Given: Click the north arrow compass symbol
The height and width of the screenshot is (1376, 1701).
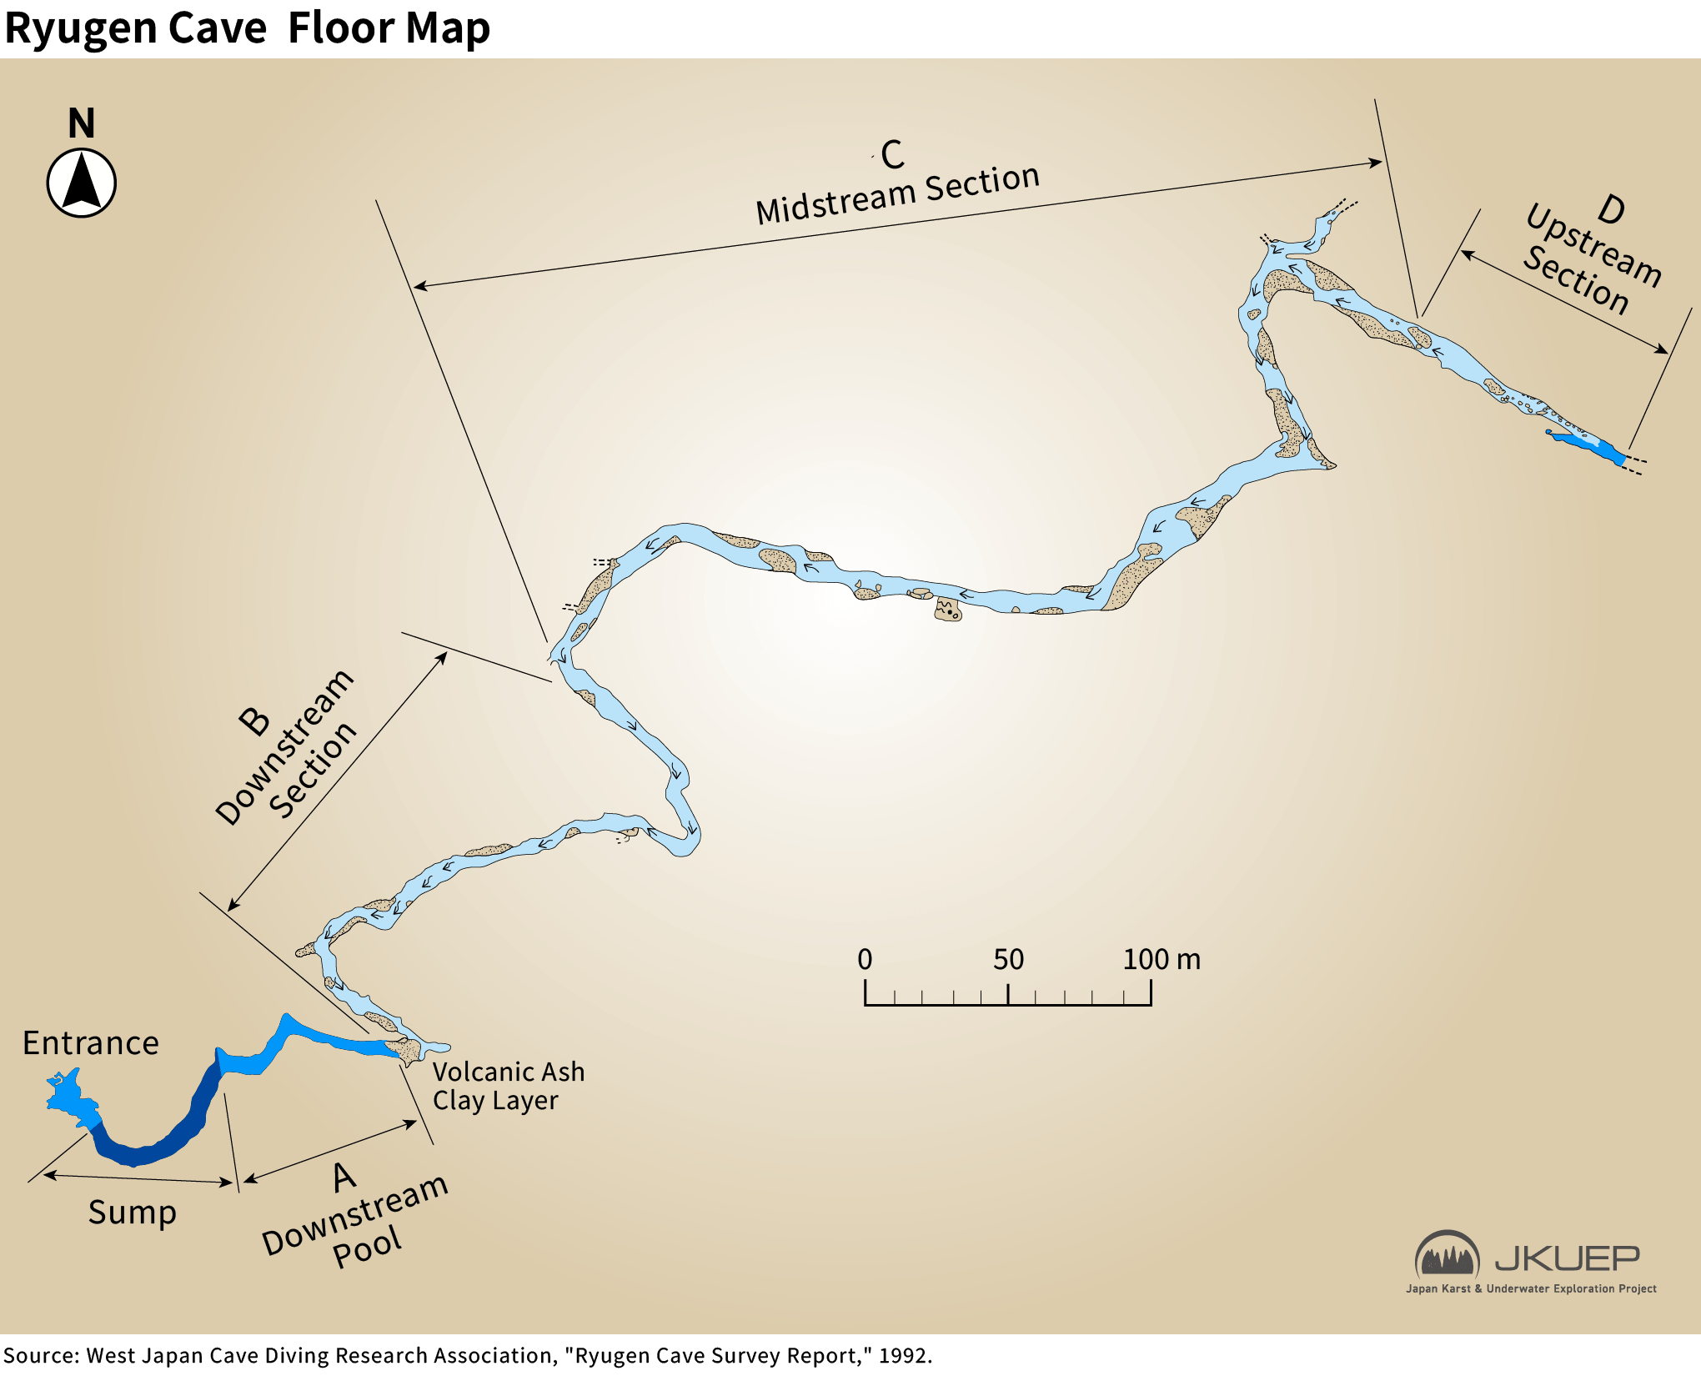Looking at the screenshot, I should pyautogui.click(x=81, y=183).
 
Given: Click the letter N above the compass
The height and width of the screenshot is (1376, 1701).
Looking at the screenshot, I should pyautogui.click(x=81, y=123).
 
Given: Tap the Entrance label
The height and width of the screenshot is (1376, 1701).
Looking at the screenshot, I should pyautogui.click(x=90, y=1043).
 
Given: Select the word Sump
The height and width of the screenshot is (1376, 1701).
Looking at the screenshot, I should pyautogui.click(x=133, y=1213).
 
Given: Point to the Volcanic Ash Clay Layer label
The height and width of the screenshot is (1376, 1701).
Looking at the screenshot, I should pyautogui.click(x=508, y=1086).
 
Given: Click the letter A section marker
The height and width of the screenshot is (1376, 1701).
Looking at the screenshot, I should pyautogui.click(x=344, y=1178).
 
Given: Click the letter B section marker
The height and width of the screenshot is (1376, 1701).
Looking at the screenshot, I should pyautogui.click(x=253, y=721).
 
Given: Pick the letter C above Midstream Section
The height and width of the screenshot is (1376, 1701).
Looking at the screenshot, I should pyautogui.click(x=891, y=154).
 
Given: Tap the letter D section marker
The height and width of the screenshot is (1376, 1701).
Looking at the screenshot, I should pyautogui.click(x=1611, y=209).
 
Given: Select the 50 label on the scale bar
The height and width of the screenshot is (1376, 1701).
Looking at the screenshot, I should pyautogui.click(x=1008, y=960).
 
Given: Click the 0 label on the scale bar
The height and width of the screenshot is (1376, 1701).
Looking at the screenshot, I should pyautogui.click(x=865, y=960).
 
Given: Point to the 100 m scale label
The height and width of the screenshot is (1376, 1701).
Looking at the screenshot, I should pyautogui.click(x=1161, y=960).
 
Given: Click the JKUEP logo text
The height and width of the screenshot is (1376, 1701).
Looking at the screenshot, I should pyautogui.click(x=1567, y=1258).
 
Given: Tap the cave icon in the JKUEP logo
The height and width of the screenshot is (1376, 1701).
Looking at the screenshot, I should pyautogui.click(x=1447, y=1254).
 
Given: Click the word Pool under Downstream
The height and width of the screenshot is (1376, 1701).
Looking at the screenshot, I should pyautogui.click(x=367, y=1247).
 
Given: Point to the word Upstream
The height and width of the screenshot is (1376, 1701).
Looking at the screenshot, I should pyautogui.click(x=1593, y=244).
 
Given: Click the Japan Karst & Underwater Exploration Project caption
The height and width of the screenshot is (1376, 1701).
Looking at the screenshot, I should pyautogui.click(x=1531, y=1288).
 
